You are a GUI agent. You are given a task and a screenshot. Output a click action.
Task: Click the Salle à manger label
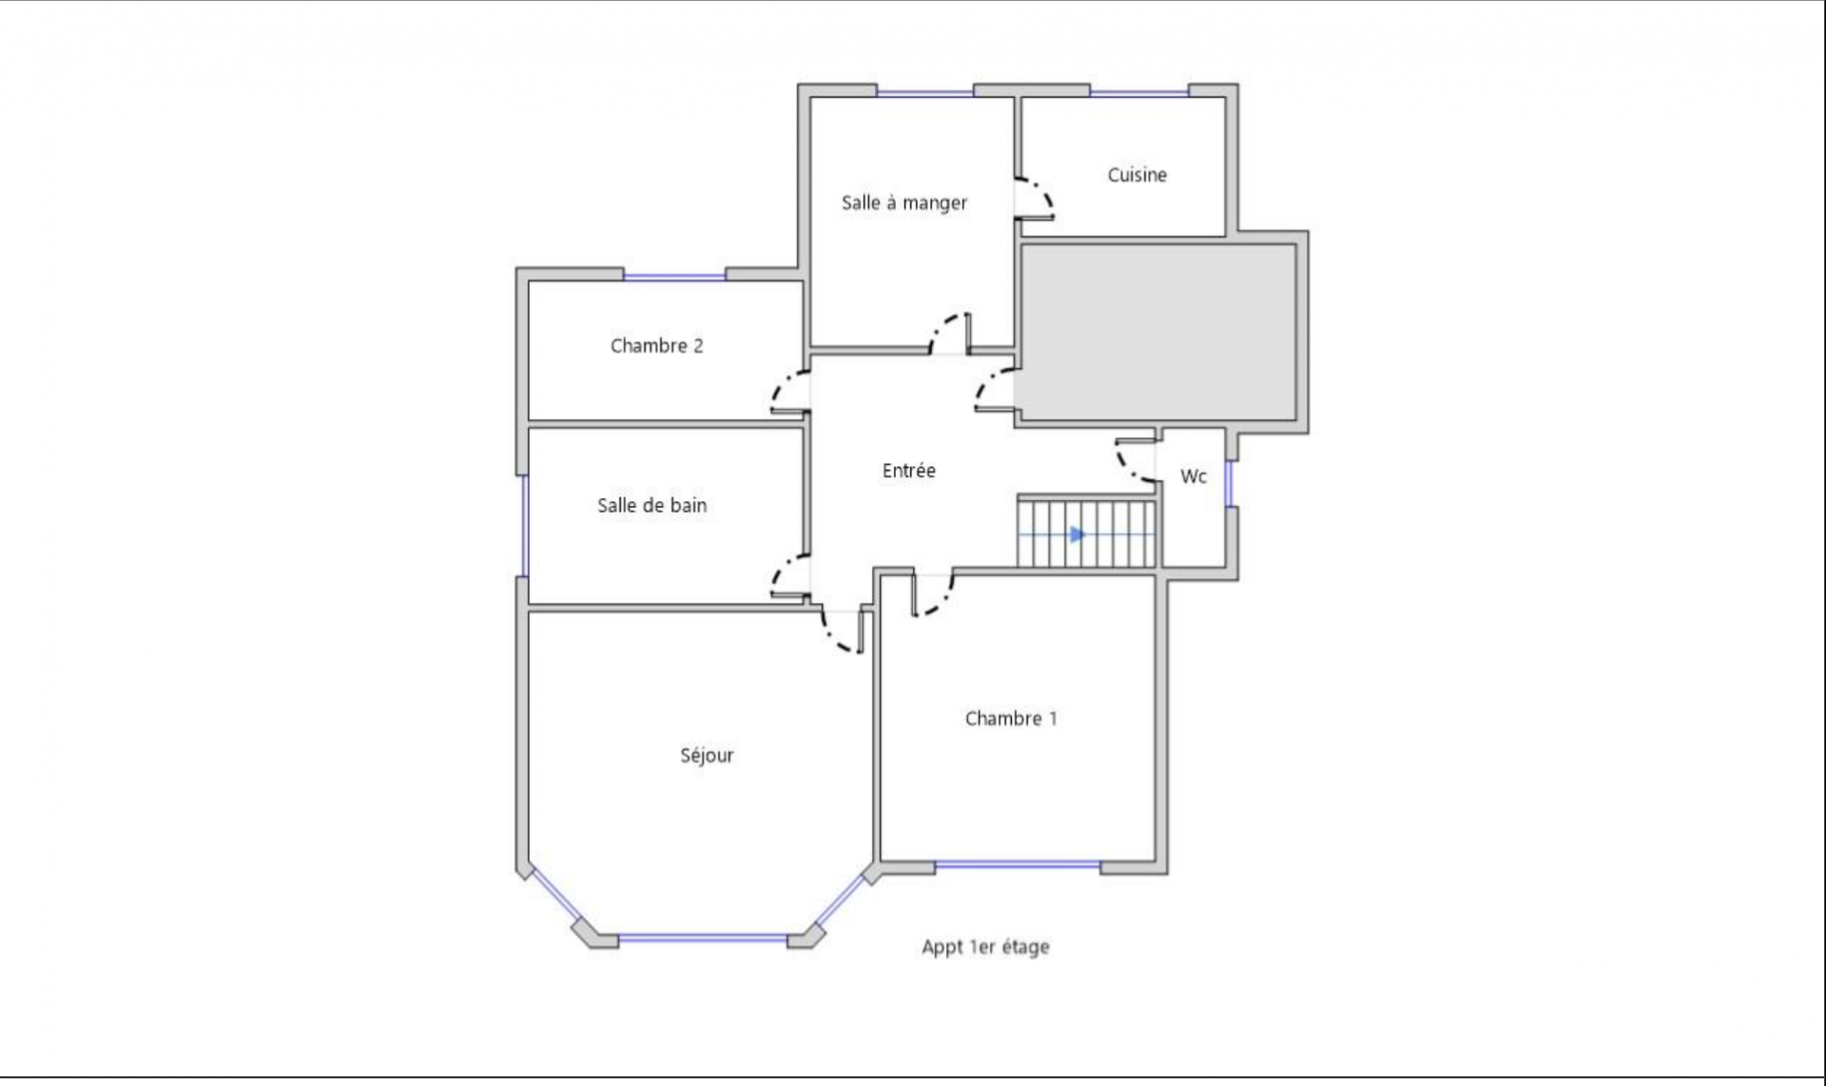tap(904, 203)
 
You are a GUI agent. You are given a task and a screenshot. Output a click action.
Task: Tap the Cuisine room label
tap(1136, 175)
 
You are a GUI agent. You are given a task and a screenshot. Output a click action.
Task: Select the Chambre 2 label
tap(656, 346)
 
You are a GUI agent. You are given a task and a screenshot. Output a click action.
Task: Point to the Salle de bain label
tap(651, 506)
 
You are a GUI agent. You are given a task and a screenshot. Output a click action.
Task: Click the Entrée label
tap(908, 471)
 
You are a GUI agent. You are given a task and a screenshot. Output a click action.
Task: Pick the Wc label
tap(1194, 476)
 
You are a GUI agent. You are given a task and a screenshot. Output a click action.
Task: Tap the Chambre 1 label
tap(1011, 719)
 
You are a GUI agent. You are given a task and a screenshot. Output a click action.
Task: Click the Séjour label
tap(707, 756)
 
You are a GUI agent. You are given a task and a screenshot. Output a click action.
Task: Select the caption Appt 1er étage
tap(985, 947)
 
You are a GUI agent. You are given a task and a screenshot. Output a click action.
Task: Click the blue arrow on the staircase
tap(1077, 534)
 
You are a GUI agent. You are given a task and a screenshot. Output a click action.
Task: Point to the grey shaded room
tap(1158, 332)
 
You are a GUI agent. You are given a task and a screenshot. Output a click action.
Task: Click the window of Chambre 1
tap(1018, 864)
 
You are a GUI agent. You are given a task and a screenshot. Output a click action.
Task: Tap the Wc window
tap(1228, 483)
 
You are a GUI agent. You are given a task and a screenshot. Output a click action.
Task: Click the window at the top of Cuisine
tap(1139, 92)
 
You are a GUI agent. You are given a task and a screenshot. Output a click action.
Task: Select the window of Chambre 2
tap(674, 277)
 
